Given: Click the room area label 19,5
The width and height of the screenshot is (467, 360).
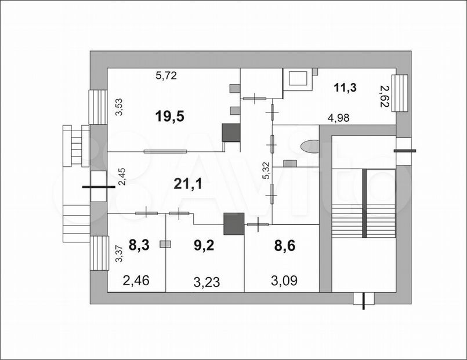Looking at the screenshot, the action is click(170, 116).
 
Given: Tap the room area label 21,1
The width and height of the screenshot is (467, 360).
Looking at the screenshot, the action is click(188, 184).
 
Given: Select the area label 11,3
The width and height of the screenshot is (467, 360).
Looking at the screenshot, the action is click(345, 88).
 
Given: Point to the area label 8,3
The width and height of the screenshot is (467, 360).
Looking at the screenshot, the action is click(139, 246).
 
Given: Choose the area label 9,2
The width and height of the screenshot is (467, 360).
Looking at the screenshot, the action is click(204, 246).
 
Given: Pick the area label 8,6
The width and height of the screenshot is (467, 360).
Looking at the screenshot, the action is click(285, 246).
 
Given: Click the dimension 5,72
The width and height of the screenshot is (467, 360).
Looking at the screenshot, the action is click(166, 75).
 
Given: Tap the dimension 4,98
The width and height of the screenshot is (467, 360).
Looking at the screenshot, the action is click(338, 118).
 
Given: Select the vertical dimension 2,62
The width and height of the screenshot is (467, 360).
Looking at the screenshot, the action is click(384, 96).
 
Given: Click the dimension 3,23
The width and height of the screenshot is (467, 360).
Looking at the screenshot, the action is click(207, 282).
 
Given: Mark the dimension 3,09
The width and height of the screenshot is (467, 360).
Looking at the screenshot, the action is click(284, 281).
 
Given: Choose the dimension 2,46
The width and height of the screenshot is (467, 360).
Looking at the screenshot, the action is click(136, 281).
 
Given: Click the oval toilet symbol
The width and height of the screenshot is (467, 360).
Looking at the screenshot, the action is click(309, 147).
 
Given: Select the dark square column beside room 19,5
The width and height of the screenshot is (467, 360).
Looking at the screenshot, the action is click(231, 133).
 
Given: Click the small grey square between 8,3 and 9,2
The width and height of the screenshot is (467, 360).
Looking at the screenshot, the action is click(165, 244).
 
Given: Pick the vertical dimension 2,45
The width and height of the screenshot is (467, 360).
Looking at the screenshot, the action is click(122, 177).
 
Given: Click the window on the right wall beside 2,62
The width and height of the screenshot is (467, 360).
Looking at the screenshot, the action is click(400, 93).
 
